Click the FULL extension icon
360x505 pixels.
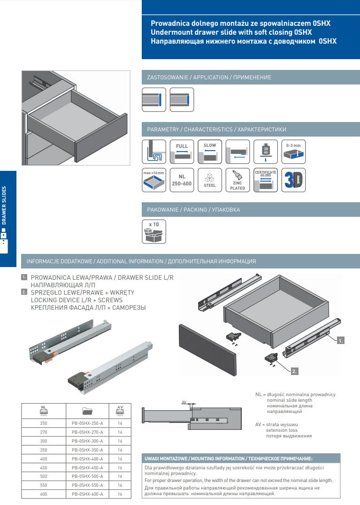click(182, 151)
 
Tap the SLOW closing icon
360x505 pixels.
click(210, 151)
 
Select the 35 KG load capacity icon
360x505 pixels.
click(266, 151)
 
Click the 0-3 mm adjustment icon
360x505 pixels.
click(294, 151)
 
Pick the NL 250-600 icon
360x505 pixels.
click(182, 180)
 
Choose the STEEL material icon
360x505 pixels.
click(210, 180)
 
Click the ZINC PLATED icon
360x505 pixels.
click(237, 180)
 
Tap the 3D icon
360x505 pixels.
click(294, 180)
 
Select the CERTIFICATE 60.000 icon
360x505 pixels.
click(266, 180)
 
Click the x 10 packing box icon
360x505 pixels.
click(154, 231)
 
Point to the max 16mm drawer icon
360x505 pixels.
click(154, 180)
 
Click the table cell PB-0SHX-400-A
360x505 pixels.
click(87, 459)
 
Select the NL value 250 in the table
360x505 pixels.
click(44, 423)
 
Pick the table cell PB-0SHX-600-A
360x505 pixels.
click(87, 494)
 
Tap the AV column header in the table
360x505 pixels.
click(120, 411)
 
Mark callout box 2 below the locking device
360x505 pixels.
click(294, 371)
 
